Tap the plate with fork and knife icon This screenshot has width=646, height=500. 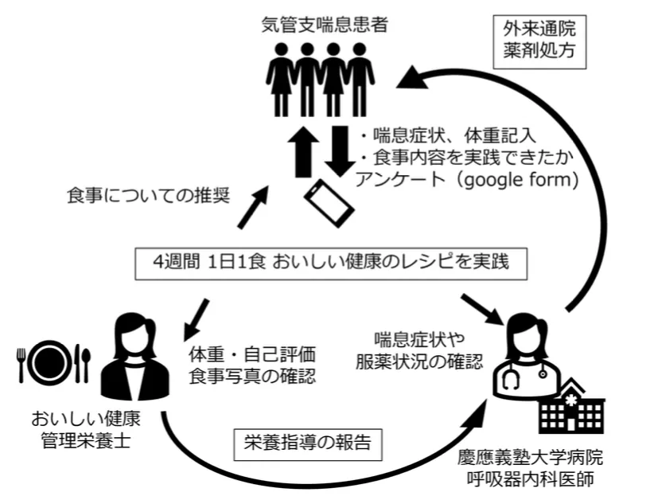[54, 364]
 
